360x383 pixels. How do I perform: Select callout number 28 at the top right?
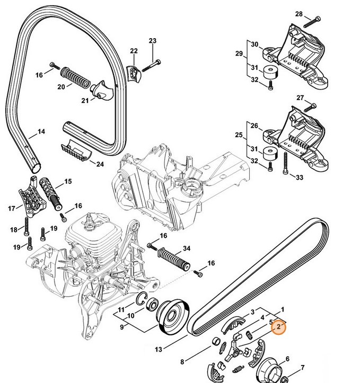pyautogui.click(x=313, y=14)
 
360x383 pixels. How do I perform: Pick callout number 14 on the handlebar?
pyautogui.click(x=41, y=132)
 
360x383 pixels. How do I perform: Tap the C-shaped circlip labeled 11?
pyautogui.click(x=142, y=300)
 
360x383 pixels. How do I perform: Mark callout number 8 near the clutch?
pyautogui.click(x=182, y=362)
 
